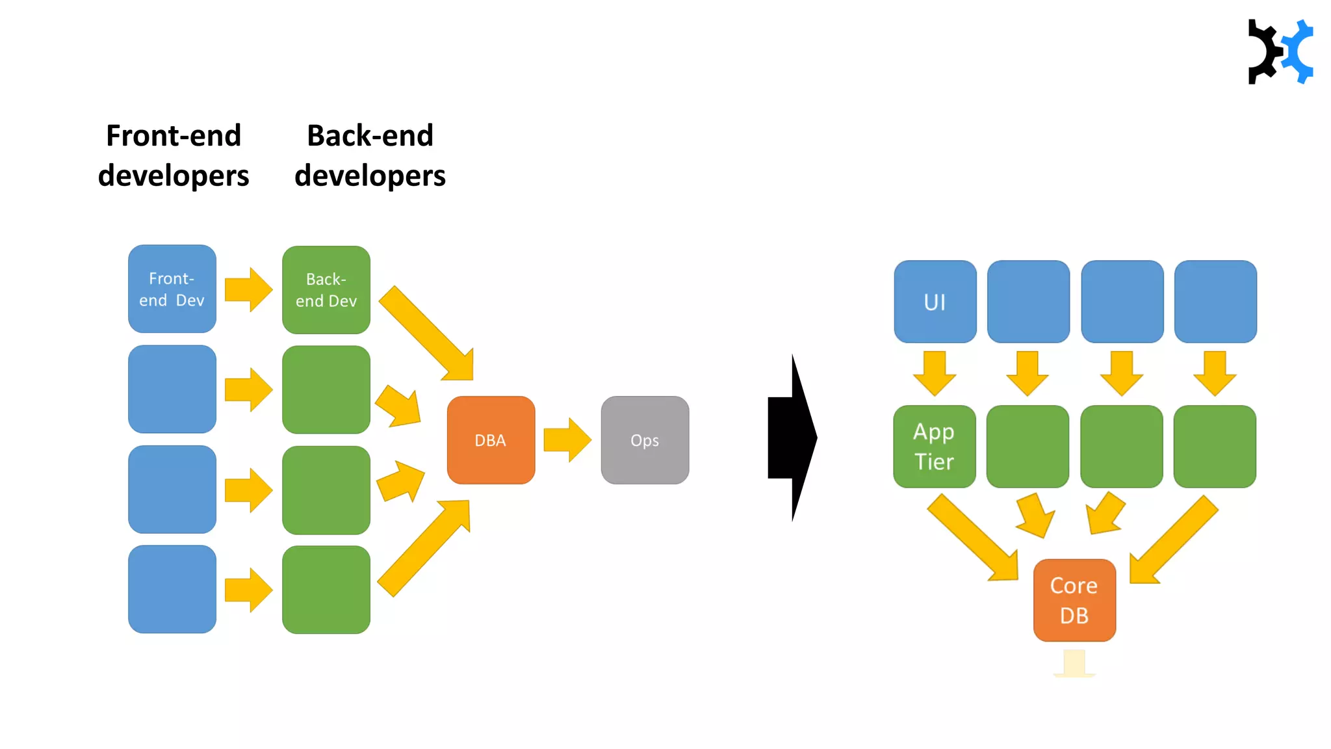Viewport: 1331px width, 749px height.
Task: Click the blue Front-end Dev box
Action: point(172,289)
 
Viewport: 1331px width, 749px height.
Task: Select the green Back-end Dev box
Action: point(326,290)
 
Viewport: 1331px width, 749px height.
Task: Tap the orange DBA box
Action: point(491,440)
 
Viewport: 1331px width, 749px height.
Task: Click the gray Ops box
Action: point(645,440)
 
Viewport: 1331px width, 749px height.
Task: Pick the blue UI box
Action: point(935,302)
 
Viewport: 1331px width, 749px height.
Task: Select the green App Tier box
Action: point(934,447)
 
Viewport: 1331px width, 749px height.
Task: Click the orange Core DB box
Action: point(1074,600)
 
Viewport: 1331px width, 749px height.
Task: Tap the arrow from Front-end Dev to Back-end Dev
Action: point(248,289)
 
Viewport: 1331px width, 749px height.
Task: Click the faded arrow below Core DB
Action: point(1074,663)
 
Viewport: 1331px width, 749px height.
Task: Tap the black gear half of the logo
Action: point(1262,52)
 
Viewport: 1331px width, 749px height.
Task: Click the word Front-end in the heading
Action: point(174,136)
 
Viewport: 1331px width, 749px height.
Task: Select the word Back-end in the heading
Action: point(370,136)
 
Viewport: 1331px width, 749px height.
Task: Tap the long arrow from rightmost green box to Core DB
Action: point(1173,540)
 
